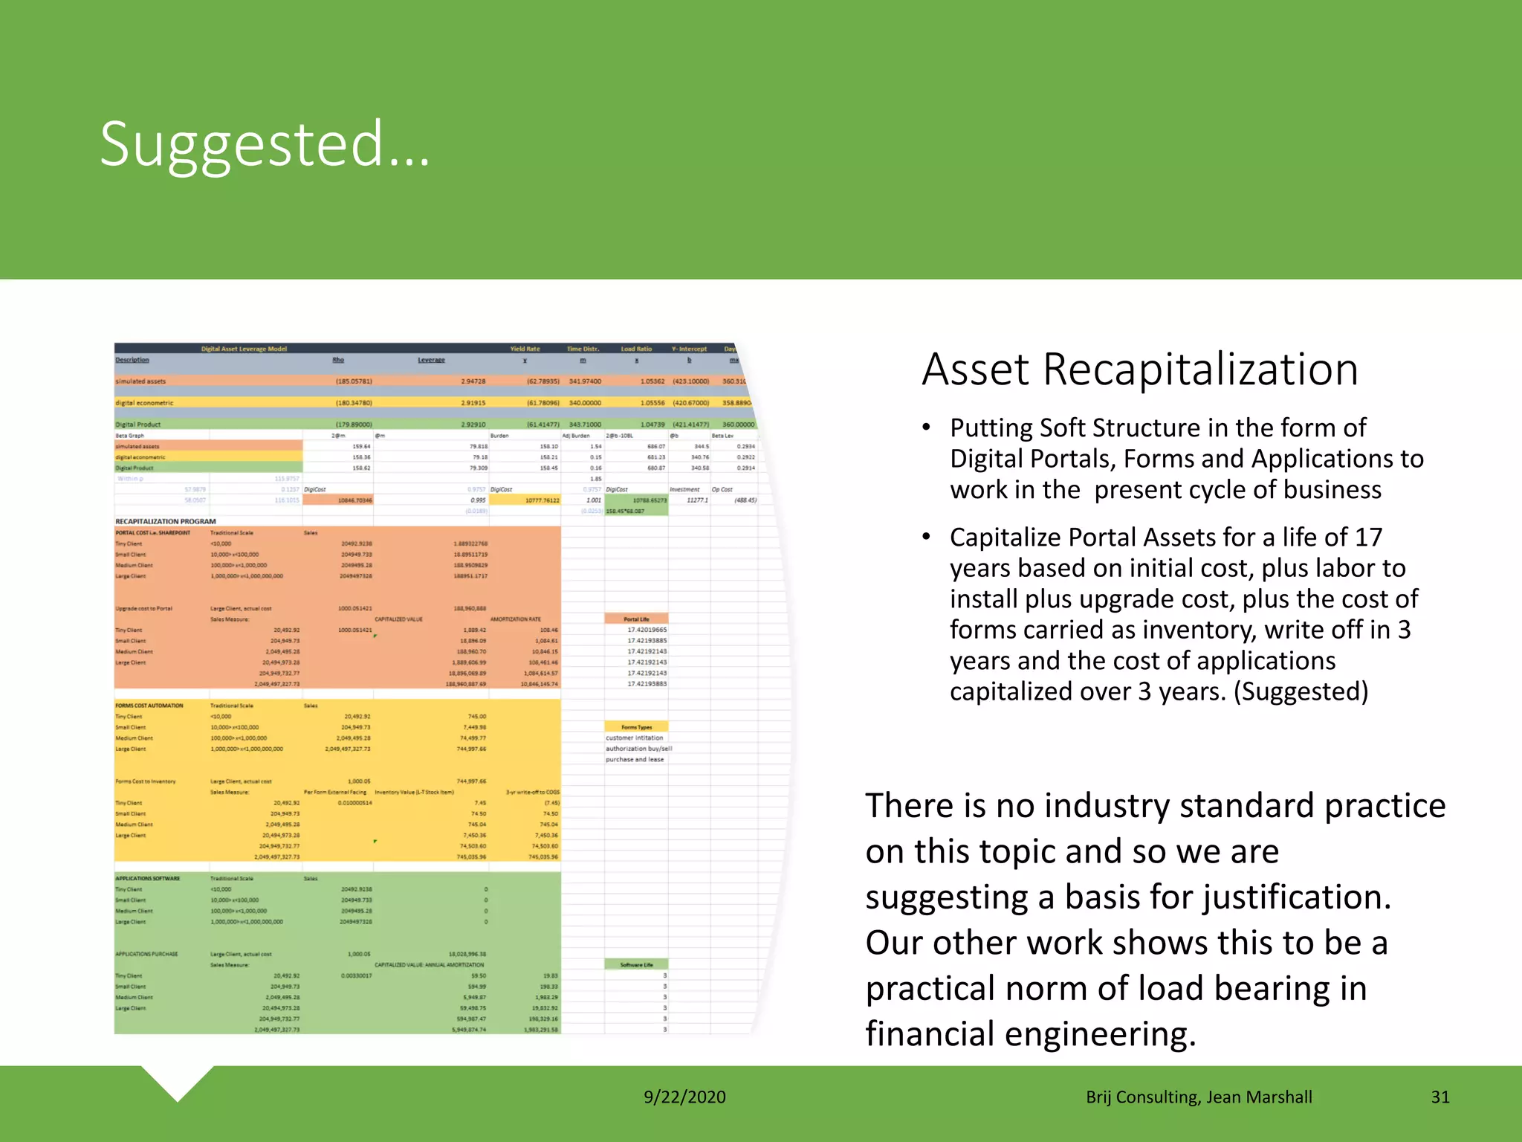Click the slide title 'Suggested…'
[x=265, y=145]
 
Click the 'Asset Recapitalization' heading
[x=1139, y=370]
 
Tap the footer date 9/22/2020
[x=684, y=1097]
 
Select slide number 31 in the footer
[x=1440, y=1097]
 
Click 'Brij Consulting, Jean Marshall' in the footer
[x=1199, y=1097]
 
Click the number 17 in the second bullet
[x=1368, y=537]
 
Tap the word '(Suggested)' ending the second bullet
[x=1301, y=691]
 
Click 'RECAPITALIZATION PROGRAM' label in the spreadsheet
[x=166, y=521]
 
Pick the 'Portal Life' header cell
[x=636, y=619]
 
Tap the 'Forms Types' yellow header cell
[x=636, y=727]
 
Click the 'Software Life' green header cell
[x=636, y=964]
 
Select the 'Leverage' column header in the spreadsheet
[x=431, y=360]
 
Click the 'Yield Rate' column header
[x=525, y=349]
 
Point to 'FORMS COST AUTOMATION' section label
[x=149, y=706]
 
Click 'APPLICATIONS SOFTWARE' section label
[x=148, y=878]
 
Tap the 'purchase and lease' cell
[x=635, y=759]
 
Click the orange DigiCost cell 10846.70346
[x=354, y=500]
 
